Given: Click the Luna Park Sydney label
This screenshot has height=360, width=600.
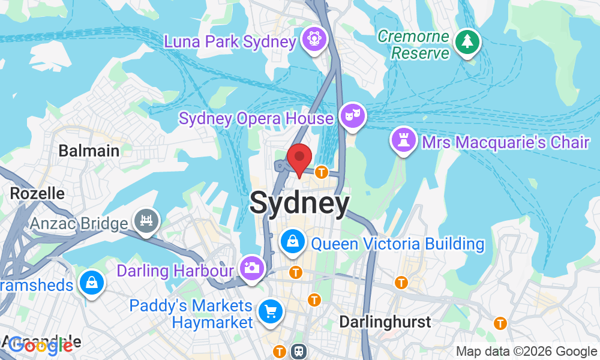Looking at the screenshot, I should (x=230, y=42).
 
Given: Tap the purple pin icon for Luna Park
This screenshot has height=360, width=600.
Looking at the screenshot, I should (x=313, y=39).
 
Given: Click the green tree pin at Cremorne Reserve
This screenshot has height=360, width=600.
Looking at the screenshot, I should (x=467, y=42).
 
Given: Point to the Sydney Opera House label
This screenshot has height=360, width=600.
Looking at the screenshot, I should (x=256, y=118).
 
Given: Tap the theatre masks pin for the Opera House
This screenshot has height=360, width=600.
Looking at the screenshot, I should (x=352, y=115).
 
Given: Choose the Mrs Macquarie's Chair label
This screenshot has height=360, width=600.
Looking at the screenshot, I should (x=506, y=142).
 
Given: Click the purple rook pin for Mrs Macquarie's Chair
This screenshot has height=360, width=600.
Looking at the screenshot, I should (x=403, y=141).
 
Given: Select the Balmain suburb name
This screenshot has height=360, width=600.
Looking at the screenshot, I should (x=89, y=151).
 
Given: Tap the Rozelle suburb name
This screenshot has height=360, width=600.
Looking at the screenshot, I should (x=37, y=193).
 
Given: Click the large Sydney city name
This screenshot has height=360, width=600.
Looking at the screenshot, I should (x=299, y=203).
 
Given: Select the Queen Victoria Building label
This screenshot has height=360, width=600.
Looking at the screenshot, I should (x=398, y=244).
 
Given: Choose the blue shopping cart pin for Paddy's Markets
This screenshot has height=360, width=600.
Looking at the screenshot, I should (x=270, y=311).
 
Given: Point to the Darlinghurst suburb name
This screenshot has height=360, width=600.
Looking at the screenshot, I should (x=385, y=322).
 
